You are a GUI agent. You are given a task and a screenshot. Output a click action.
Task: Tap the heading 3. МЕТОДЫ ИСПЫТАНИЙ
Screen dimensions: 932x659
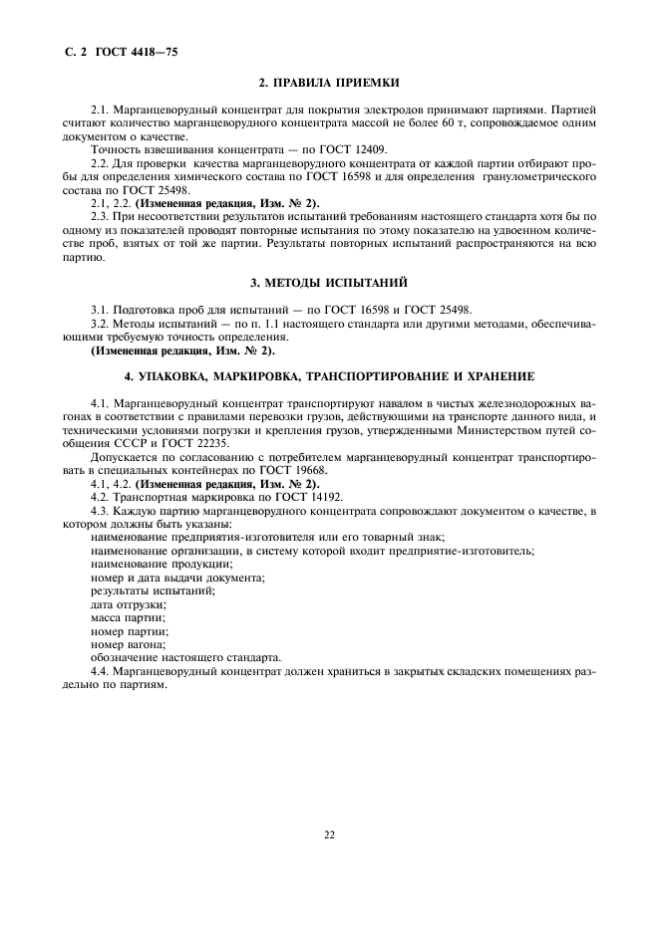(329, 284)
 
